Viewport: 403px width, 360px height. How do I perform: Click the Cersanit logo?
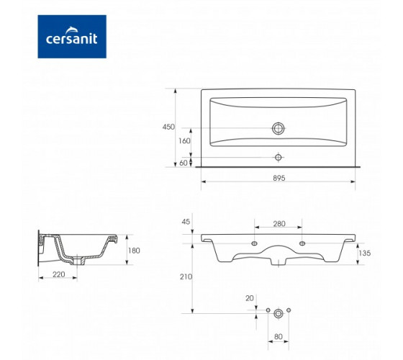[x=72, y=37]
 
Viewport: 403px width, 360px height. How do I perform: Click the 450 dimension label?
[x=168, y=127]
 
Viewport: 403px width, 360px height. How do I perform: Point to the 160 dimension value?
[x=184, y=141]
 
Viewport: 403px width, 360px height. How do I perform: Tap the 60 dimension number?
[x=184, y=163]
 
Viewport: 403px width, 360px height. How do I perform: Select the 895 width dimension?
[x=279, y=178]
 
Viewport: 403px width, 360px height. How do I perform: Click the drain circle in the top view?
[x=278, y=128]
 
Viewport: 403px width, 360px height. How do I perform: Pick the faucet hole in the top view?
[x=278, y=157]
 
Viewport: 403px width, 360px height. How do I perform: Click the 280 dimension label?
[x=279, y=224]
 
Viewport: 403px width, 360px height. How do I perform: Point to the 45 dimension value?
[x=186, y=222]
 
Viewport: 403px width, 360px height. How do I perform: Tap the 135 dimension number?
[x=365, y=253]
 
